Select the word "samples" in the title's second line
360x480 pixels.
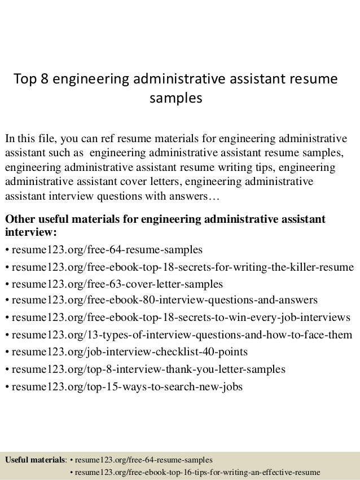(x=175, y=99)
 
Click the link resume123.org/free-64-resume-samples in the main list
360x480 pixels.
(x=107, y=249)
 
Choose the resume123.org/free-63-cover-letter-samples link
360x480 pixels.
(x=117, y=284)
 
